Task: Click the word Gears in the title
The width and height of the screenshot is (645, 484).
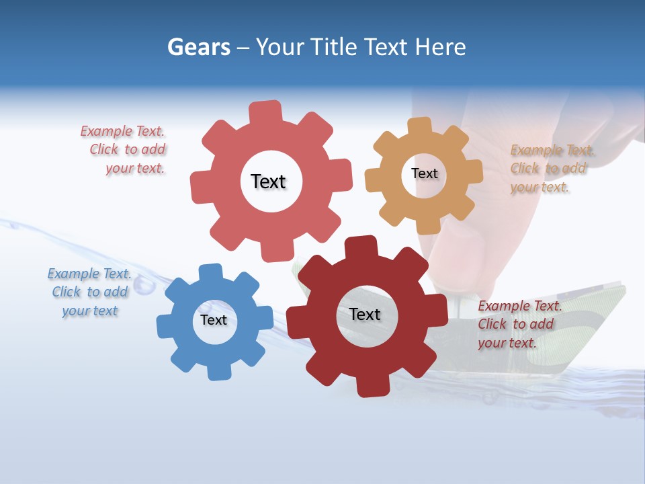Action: [x=198, y=47]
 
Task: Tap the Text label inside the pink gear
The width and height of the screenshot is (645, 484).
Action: [x=268, y=182]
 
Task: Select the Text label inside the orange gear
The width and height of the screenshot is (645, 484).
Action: [x=424, y=173]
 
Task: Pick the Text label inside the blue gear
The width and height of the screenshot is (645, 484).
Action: [x=214, y=320]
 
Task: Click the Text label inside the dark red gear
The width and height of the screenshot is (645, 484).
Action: [x=365, y=314]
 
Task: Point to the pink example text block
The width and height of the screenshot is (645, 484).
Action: [x=124, y=150]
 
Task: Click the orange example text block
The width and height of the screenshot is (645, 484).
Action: [x=551, y=169]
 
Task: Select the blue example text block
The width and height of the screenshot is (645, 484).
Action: [x=89, y=292]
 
